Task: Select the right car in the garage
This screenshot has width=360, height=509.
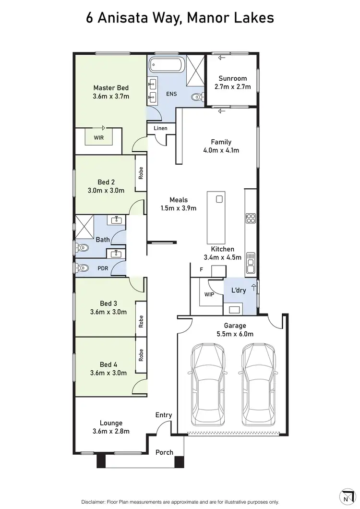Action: click(259, 384)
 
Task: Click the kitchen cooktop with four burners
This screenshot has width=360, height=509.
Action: click(251, 219)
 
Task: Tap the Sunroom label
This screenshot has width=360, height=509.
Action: click(232, 78)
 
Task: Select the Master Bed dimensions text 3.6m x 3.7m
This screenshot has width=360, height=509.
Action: click(111, 96)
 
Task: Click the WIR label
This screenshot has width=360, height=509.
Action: click(98, 137)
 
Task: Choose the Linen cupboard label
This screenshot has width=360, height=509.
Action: click(160, 128)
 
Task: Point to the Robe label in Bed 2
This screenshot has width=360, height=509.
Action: click(141, 173)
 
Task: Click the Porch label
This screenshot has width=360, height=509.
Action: click(165, 452)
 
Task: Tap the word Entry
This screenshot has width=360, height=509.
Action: click(164, 415)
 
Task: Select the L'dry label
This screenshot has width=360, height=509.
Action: click(239, 291)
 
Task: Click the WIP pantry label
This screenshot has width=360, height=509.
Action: click(209, 294)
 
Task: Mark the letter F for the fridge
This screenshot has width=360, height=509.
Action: click(202, 269)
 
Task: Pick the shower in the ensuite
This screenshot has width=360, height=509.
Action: click(195, 65)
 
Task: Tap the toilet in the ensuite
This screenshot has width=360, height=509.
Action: click(196, 97)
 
